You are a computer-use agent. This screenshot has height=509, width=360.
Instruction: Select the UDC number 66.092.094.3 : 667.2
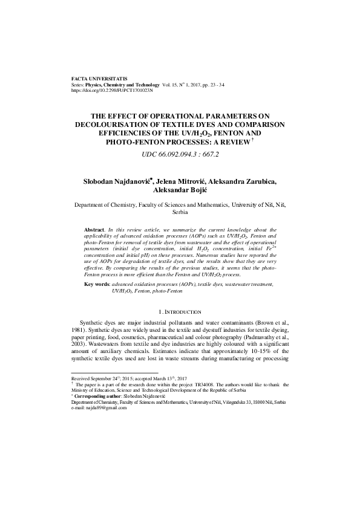[180, 154]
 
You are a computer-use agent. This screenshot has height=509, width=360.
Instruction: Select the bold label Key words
[97, 284]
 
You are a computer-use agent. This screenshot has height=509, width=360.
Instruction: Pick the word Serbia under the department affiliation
[180, 213]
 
